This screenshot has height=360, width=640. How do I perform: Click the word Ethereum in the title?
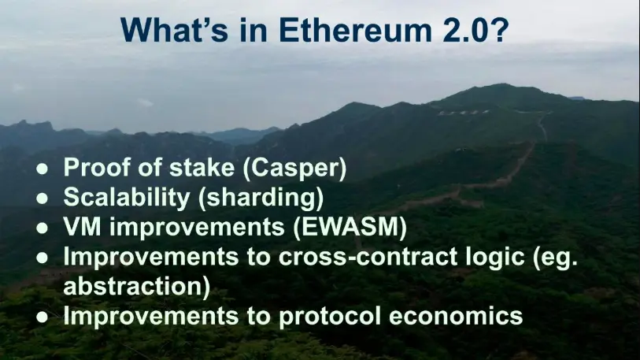pos(355,30)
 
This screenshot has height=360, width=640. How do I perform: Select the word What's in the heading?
pos(174,30)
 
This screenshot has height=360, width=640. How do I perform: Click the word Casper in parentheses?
pos(294,168)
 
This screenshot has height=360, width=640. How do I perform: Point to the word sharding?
pos(261,198)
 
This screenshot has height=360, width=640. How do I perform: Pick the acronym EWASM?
pos(350,227)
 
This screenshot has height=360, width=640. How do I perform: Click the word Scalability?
pos(127,198)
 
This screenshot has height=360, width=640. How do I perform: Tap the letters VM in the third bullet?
pos(82,226)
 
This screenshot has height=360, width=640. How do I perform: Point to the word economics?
pos(456,316)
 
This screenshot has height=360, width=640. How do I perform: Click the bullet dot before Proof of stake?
pos(42,169)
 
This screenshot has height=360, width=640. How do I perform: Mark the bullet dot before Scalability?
pos(42,199)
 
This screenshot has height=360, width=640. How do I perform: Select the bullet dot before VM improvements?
pos(42,228)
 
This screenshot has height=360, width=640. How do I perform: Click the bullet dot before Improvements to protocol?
pos(42,317)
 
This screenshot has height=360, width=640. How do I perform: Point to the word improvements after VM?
pos(197,228)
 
